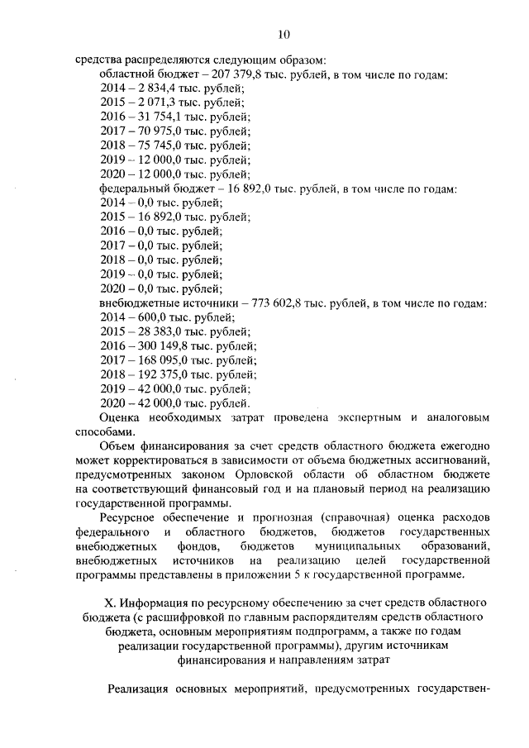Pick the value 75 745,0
(155, 145)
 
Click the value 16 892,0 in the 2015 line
(155, 217)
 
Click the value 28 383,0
(155, 331)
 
